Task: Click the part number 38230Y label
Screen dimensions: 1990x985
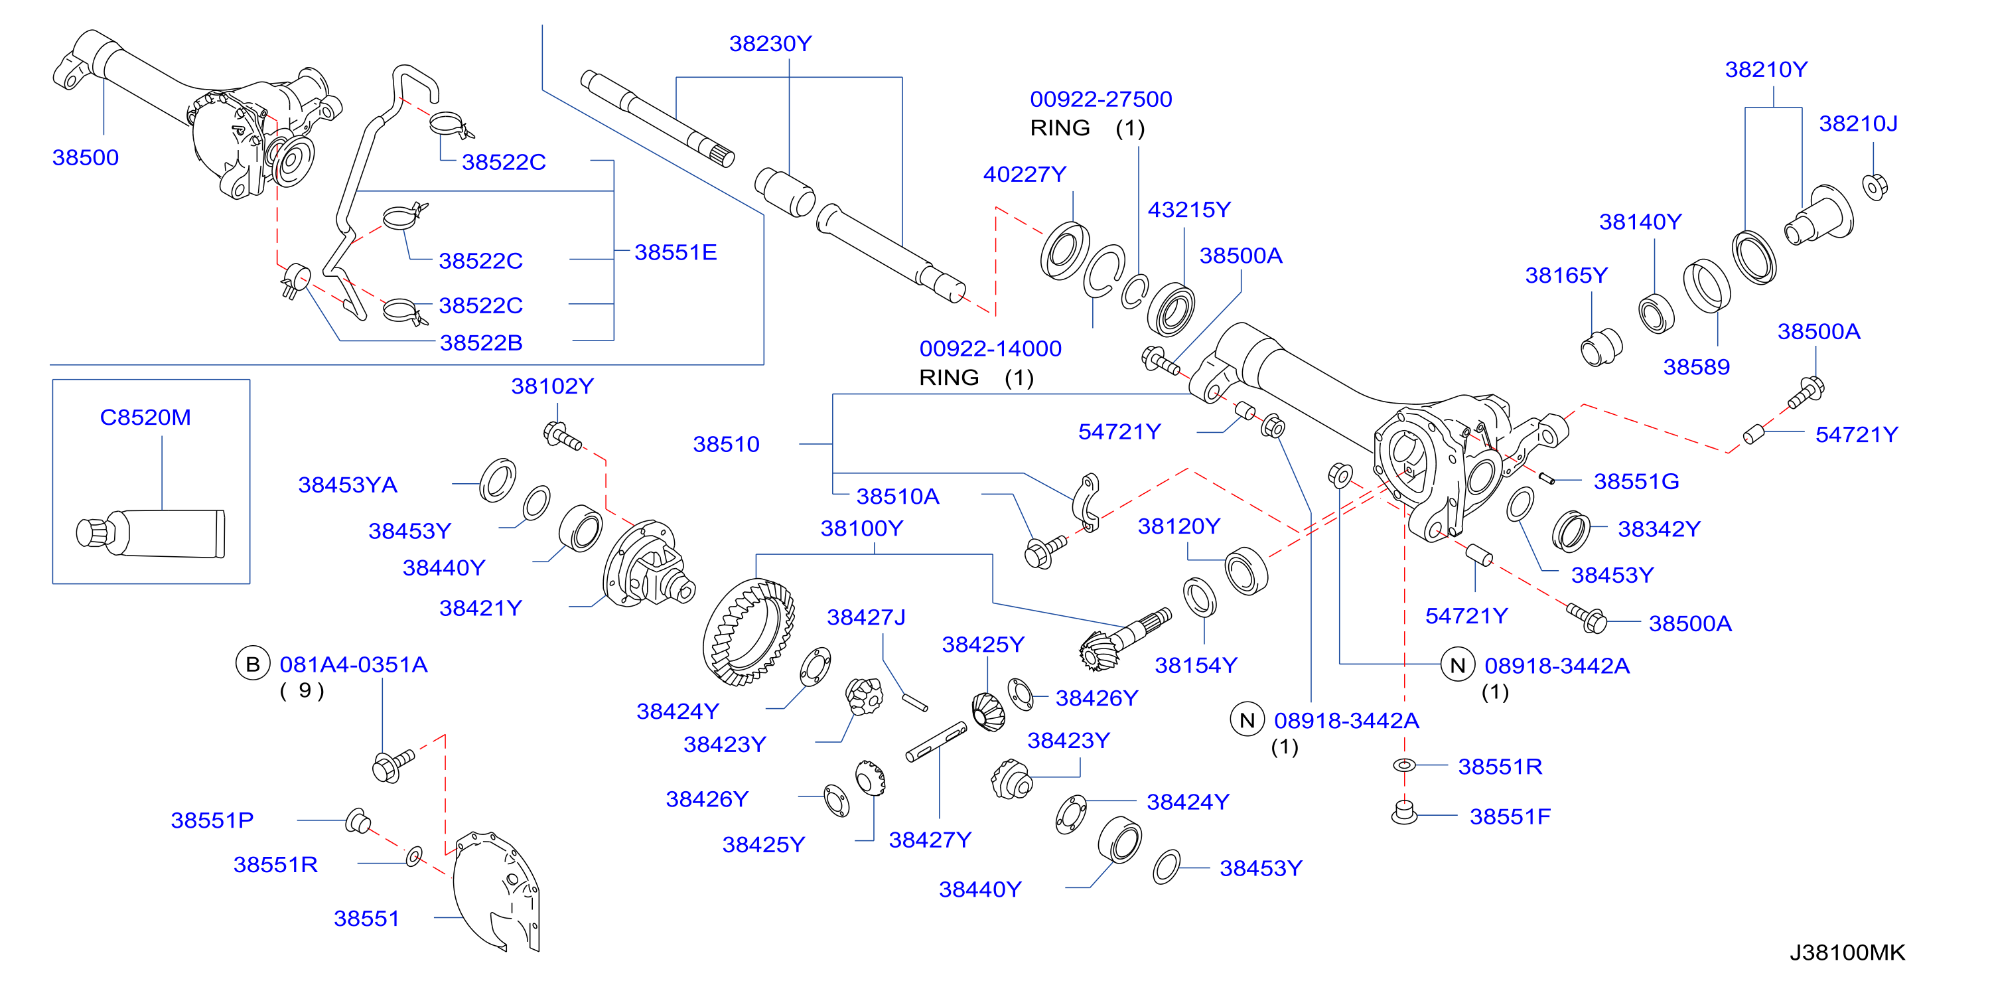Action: [770, 43]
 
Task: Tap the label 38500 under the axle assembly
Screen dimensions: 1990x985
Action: [85, 157]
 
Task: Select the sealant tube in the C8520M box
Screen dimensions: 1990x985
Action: [151, 533]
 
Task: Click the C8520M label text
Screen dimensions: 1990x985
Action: [145, 417]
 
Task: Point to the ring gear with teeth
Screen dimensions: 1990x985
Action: [748, 632]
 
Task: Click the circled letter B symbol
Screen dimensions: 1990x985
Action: [253, 664]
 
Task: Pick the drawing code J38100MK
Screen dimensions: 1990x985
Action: [1847, 952]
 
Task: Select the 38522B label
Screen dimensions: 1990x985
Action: [480, 342]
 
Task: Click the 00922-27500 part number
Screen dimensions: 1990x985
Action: [1101, 99]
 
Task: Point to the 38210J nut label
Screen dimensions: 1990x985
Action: [1858, 123]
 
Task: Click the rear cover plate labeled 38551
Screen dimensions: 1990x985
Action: [496, 891]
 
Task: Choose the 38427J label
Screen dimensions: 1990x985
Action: [866, 617]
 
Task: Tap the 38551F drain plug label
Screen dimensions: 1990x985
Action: [1510, 816]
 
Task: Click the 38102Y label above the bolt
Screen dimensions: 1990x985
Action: [552, 386]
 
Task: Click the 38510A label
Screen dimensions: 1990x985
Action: [898, 496]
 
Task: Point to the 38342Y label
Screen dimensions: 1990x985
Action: [1659, 528]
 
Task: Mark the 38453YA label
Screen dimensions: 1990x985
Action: [348, 485]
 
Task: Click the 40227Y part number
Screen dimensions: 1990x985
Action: [1025, 174]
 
